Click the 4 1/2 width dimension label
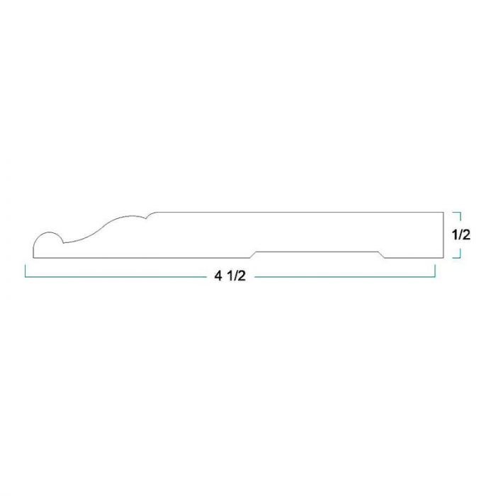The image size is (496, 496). click(230, 276)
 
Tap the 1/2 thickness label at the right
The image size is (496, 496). click(461, 235)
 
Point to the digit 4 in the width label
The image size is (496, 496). click(218, 276)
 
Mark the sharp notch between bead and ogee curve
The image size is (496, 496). click(64, 243)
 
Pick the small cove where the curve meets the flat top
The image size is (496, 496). click(151, 215)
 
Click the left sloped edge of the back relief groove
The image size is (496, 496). click(253, 254)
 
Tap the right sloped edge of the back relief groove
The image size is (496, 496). click(381, 254)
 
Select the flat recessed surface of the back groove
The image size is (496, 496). click(317, 252)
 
